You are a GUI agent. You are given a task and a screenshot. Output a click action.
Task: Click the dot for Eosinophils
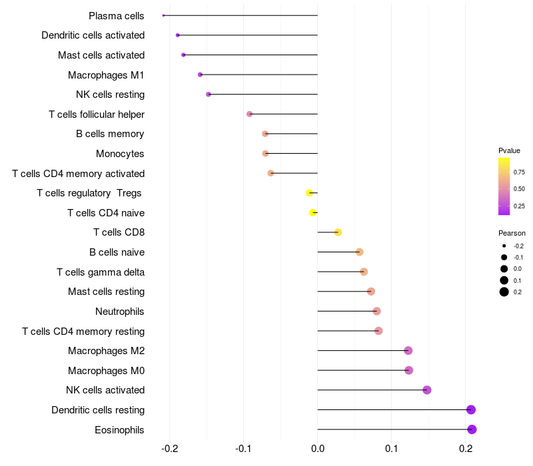click(472, 429)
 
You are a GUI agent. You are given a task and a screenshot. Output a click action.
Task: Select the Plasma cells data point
click(163, 15)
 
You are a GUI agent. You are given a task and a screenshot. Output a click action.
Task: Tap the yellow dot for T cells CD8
click(338, 232)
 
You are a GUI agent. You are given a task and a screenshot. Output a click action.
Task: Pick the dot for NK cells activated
click(427, 390)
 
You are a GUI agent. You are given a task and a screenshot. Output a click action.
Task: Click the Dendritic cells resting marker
click(471, 409)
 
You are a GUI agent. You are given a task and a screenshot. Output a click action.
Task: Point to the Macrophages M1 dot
click(200, 75)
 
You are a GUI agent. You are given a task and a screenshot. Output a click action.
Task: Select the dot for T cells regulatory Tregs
click(309, 193)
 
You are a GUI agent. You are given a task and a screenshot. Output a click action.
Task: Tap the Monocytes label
click(120, 154)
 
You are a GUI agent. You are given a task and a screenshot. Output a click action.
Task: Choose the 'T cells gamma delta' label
click(101, 272)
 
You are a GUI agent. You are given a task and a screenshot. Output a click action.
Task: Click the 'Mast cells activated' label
click(101, 55)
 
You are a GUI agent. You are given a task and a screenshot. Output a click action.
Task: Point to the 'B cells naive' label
click(117, 252)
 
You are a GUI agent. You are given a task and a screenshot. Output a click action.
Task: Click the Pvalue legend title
click(509, 150)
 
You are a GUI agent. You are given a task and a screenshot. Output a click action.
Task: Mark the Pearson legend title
click(512, 234)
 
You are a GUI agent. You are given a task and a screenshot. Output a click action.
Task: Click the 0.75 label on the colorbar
click(519, 172)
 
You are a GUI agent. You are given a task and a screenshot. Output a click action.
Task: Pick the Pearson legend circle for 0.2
click(504, 292)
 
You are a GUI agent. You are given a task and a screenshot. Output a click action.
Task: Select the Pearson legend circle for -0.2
click(504, 246)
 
